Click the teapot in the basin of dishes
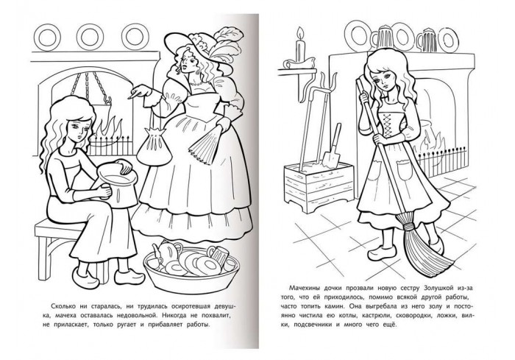[166, 252]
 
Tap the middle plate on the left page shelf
[90, 37]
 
